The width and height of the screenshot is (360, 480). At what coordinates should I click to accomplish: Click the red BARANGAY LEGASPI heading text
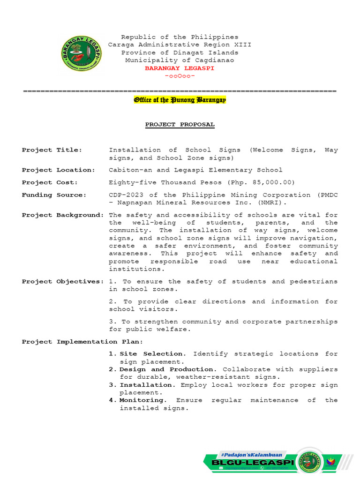(180, 68)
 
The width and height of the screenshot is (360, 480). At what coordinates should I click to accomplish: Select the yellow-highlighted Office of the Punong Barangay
(180, 100)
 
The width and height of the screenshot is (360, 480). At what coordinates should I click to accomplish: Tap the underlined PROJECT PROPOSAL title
(180, 125)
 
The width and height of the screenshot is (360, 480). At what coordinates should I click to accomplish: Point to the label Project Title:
(52, 150)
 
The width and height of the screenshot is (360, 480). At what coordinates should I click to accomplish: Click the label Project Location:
(59, 170)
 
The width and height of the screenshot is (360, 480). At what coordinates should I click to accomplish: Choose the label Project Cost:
(50, 182)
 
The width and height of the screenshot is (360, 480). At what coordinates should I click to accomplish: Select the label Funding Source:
(54, 195)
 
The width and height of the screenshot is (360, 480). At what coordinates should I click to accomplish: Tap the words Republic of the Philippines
(180, 37)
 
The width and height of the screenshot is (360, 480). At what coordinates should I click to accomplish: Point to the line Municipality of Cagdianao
(180, 60)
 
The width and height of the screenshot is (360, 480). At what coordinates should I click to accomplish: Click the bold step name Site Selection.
(152, 354)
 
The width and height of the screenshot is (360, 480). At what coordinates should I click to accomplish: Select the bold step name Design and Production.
(168, 369)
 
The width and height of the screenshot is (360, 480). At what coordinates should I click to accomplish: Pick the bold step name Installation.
(146, 385)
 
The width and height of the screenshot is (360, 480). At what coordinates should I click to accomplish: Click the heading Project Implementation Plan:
(82, 342)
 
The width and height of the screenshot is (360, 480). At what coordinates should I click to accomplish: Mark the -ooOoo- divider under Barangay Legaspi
(180, 76)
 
